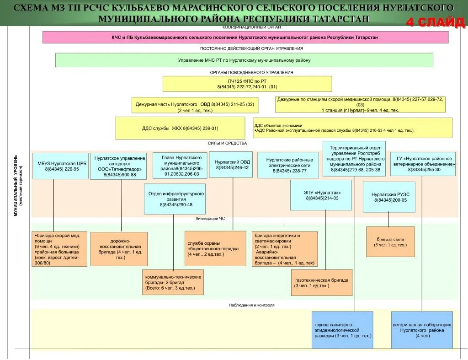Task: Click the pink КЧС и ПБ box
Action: [x=245, y=37]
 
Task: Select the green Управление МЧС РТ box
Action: [x=244, y=60]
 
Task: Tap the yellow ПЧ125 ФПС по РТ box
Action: [x=247, y=84]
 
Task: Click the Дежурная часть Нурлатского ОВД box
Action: [x=195, y=105]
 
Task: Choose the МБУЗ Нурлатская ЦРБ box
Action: [x=60, y=166]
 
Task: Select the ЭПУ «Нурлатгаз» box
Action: [x=321, y=195]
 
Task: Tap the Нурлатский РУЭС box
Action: [x=389, y=197]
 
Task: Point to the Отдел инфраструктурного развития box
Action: [x=174, y=199]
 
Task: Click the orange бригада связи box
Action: [x=390, y=242]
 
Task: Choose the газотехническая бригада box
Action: [x=322, y=282]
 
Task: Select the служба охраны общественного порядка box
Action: [x=215, y=248]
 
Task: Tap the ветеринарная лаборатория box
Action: [x=422, y=330]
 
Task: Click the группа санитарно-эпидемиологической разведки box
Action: [x=342, y=330]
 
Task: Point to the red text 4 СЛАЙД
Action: [x=435, y=22]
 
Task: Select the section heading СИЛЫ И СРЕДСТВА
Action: [x=227, y=143]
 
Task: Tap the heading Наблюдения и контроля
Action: [x=251, y=305]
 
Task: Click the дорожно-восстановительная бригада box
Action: [x=119, y=249]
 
